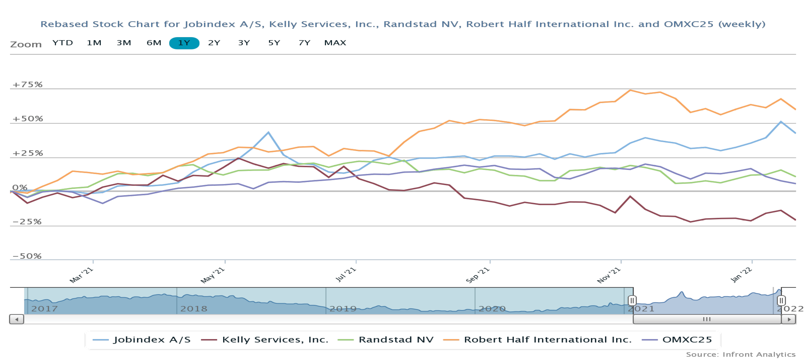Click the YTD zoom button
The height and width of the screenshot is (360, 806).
coord(63,43)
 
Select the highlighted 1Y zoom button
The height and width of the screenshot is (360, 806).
coord(184,43)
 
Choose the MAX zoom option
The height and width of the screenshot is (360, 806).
coord(335,43)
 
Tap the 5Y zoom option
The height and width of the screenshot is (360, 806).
coord(274,43)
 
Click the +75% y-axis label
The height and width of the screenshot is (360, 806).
coord(27,84)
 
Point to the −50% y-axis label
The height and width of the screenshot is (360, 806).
coord(27,256)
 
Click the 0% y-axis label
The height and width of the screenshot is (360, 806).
coord(20,187)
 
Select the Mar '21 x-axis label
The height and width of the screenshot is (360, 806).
coord(81,275)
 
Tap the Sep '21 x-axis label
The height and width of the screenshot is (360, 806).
coord(477,275)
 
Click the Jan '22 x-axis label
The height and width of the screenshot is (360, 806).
coord(741,275)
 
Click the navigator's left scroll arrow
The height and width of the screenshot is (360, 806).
coord(17,319)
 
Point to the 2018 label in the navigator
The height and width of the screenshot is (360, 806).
coord(194,309)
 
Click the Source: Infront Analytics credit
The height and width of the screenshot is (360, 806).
coord(740,354)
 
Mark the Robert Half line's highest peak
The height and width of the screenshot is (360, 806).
coord(630,90)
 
